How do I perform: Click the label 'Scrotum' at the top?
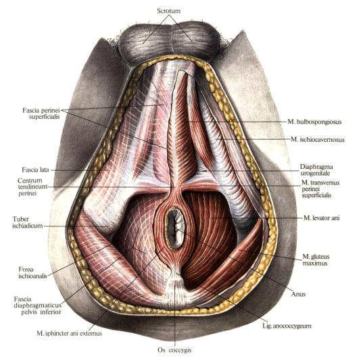tap(168, 11)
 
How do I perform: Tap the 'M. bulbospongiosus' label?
tap(314, 122)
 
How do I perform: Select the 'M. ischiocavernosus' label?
tap(318, 139)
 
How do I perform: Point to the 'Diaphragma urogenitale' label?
tap(316, 170)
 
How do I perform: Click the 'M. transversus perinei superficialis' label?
tap(320, 189)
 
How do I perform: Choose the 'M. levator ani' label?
tap(321, 217)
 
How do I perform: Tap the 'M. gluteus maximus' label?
tap(316, 260)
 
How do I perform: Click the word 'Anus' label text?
tap(298, 294)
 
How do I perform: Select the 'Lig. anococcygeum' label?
tap(287, 326)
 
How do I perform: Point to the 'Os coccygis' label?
tap(174, 350)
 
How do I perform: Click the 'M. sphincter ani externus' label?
tap(69, 333)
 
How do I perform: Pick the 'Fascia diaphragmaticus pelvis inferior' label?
tap(38, 305)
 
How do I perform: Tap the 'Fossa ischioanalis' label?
tap(32, 272)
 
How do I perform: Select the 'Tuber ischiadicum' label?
tap(28, 222)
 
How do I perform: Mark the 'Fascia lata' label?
tap(35, 170)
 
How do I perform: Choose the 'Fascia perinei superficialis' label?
tap(41, 113)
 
